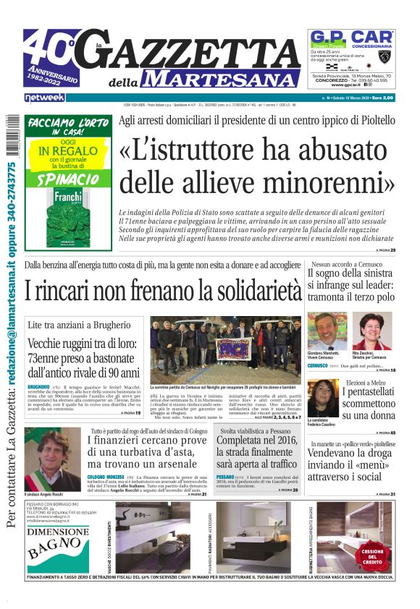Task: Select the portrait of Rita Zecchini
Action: click(372, 331)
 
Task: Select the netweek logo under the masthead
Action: click(45, 97)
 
